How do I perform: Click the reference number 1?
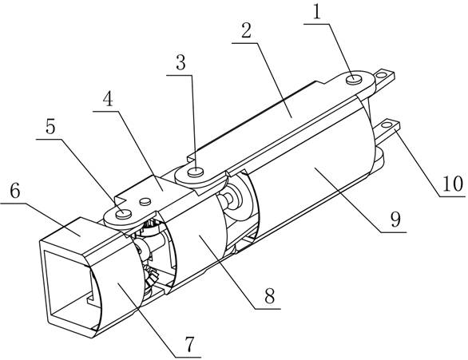(x=317, y=12)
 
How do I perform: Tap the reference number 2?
(x=247, y=30)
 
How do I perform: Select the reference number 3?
(x=180, y=62)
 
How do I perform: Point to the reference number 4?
(x=108, y=99)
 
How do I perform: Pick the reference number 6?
(x=15, y=190)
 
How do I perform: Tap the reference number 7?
(x=189, y=344)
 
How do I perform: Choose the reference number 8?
(x=269, y=296)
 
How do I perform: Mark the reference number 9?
(x=395, y=220)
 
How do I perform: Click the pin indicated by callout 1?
(x=354, y=80)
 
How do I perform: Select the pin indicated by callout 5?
(x=124, y=214)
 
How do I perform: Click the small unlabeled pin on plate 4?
(x=145, y=202)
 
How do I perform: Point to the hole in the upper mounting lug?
(x=380, y=75)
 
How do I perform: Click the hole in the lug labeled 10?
(x=387, y=125)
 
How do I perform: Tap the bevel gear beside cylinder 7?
(x=150, y=276)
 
